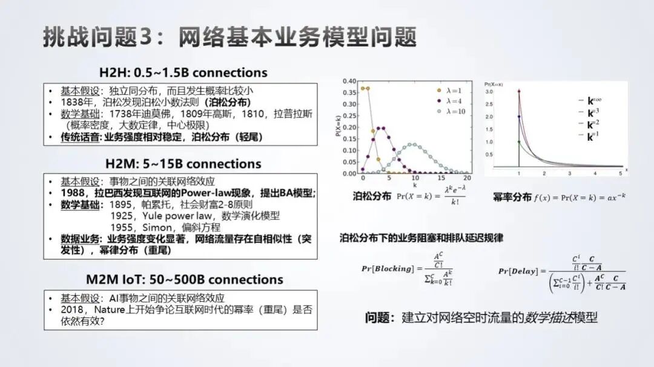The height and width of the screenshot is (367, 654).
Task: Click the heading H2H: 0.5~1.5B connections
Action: pos(183,73)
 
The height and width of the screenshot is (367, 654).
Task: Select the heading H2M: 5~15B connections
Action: pos(183,164)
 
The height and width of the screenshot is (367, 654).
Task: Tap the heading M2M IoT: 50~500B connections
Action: pos(185,279)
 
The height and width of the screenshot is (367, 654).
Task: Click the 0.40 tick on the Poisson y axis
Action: pos(349,80)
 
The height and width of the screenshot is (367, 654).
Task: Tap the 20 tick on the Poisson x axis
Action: pos(467,179)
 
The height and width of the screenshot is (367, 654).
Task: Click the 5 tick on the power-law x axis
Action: pos(621,174)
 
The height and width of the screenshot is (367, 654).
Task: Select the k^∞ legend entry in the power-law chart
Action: pos(590,100)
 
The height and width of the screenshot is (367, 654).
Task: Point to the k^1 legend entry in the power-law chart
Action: pos(590,137)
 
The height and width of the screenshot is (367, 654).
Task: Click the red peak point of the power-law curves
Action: pos(518,91)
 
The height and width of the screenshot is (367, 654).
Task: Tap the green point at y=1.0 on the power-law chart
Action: pos(518,142)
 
